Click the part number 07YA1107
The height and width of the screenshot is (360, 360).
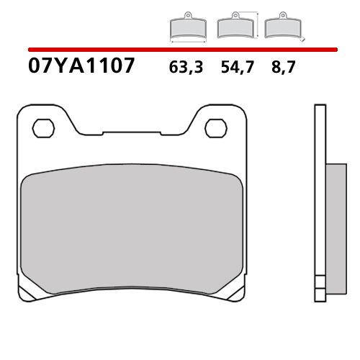coord(81,66)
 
